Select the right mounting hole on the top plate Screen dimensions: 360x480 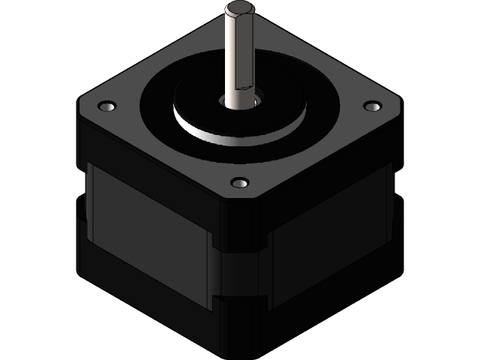coord(371,106)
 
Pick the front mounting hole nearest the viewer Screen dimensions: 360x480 coord(239,183)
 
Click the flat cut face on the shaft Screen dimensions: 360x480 coord(244,52)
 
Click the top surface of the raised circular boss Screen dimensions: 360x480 coord(277,105)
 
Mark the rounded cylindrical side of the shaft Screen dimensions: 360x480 coord(232,60)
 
